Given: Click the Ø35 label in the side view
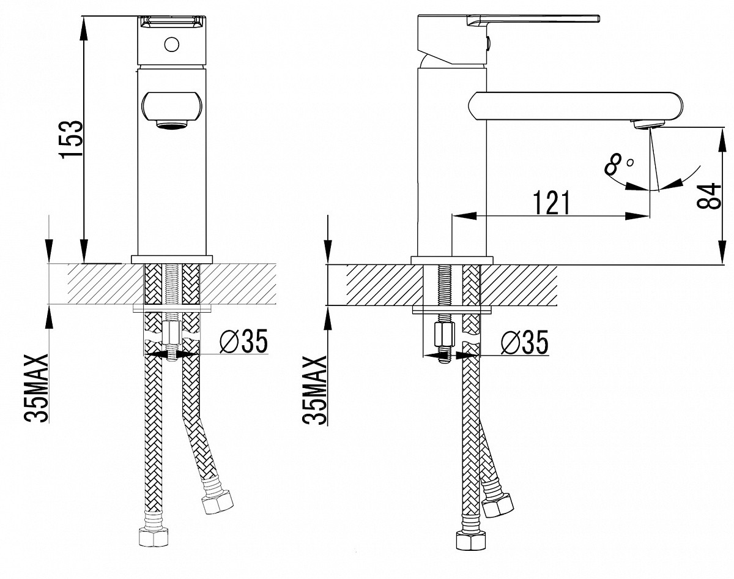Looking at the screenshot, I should pyautogui.click(x=524, y=343).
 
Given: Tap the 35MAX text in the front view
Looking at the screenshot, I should pyautogui.click(x=36, y=387).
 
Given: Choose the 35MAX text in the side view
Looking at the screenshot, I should pyautogui.click(x=316, y=387).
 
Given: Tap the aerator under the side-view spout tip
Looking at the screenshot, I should pyautogui.click(x=647, y=125).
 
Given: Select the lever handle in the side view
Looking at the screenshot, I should pyautogui.click(x=532, y=20).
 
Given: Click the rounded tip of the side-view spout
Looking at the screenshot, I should pyautogui.click(x=675, y=107).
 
